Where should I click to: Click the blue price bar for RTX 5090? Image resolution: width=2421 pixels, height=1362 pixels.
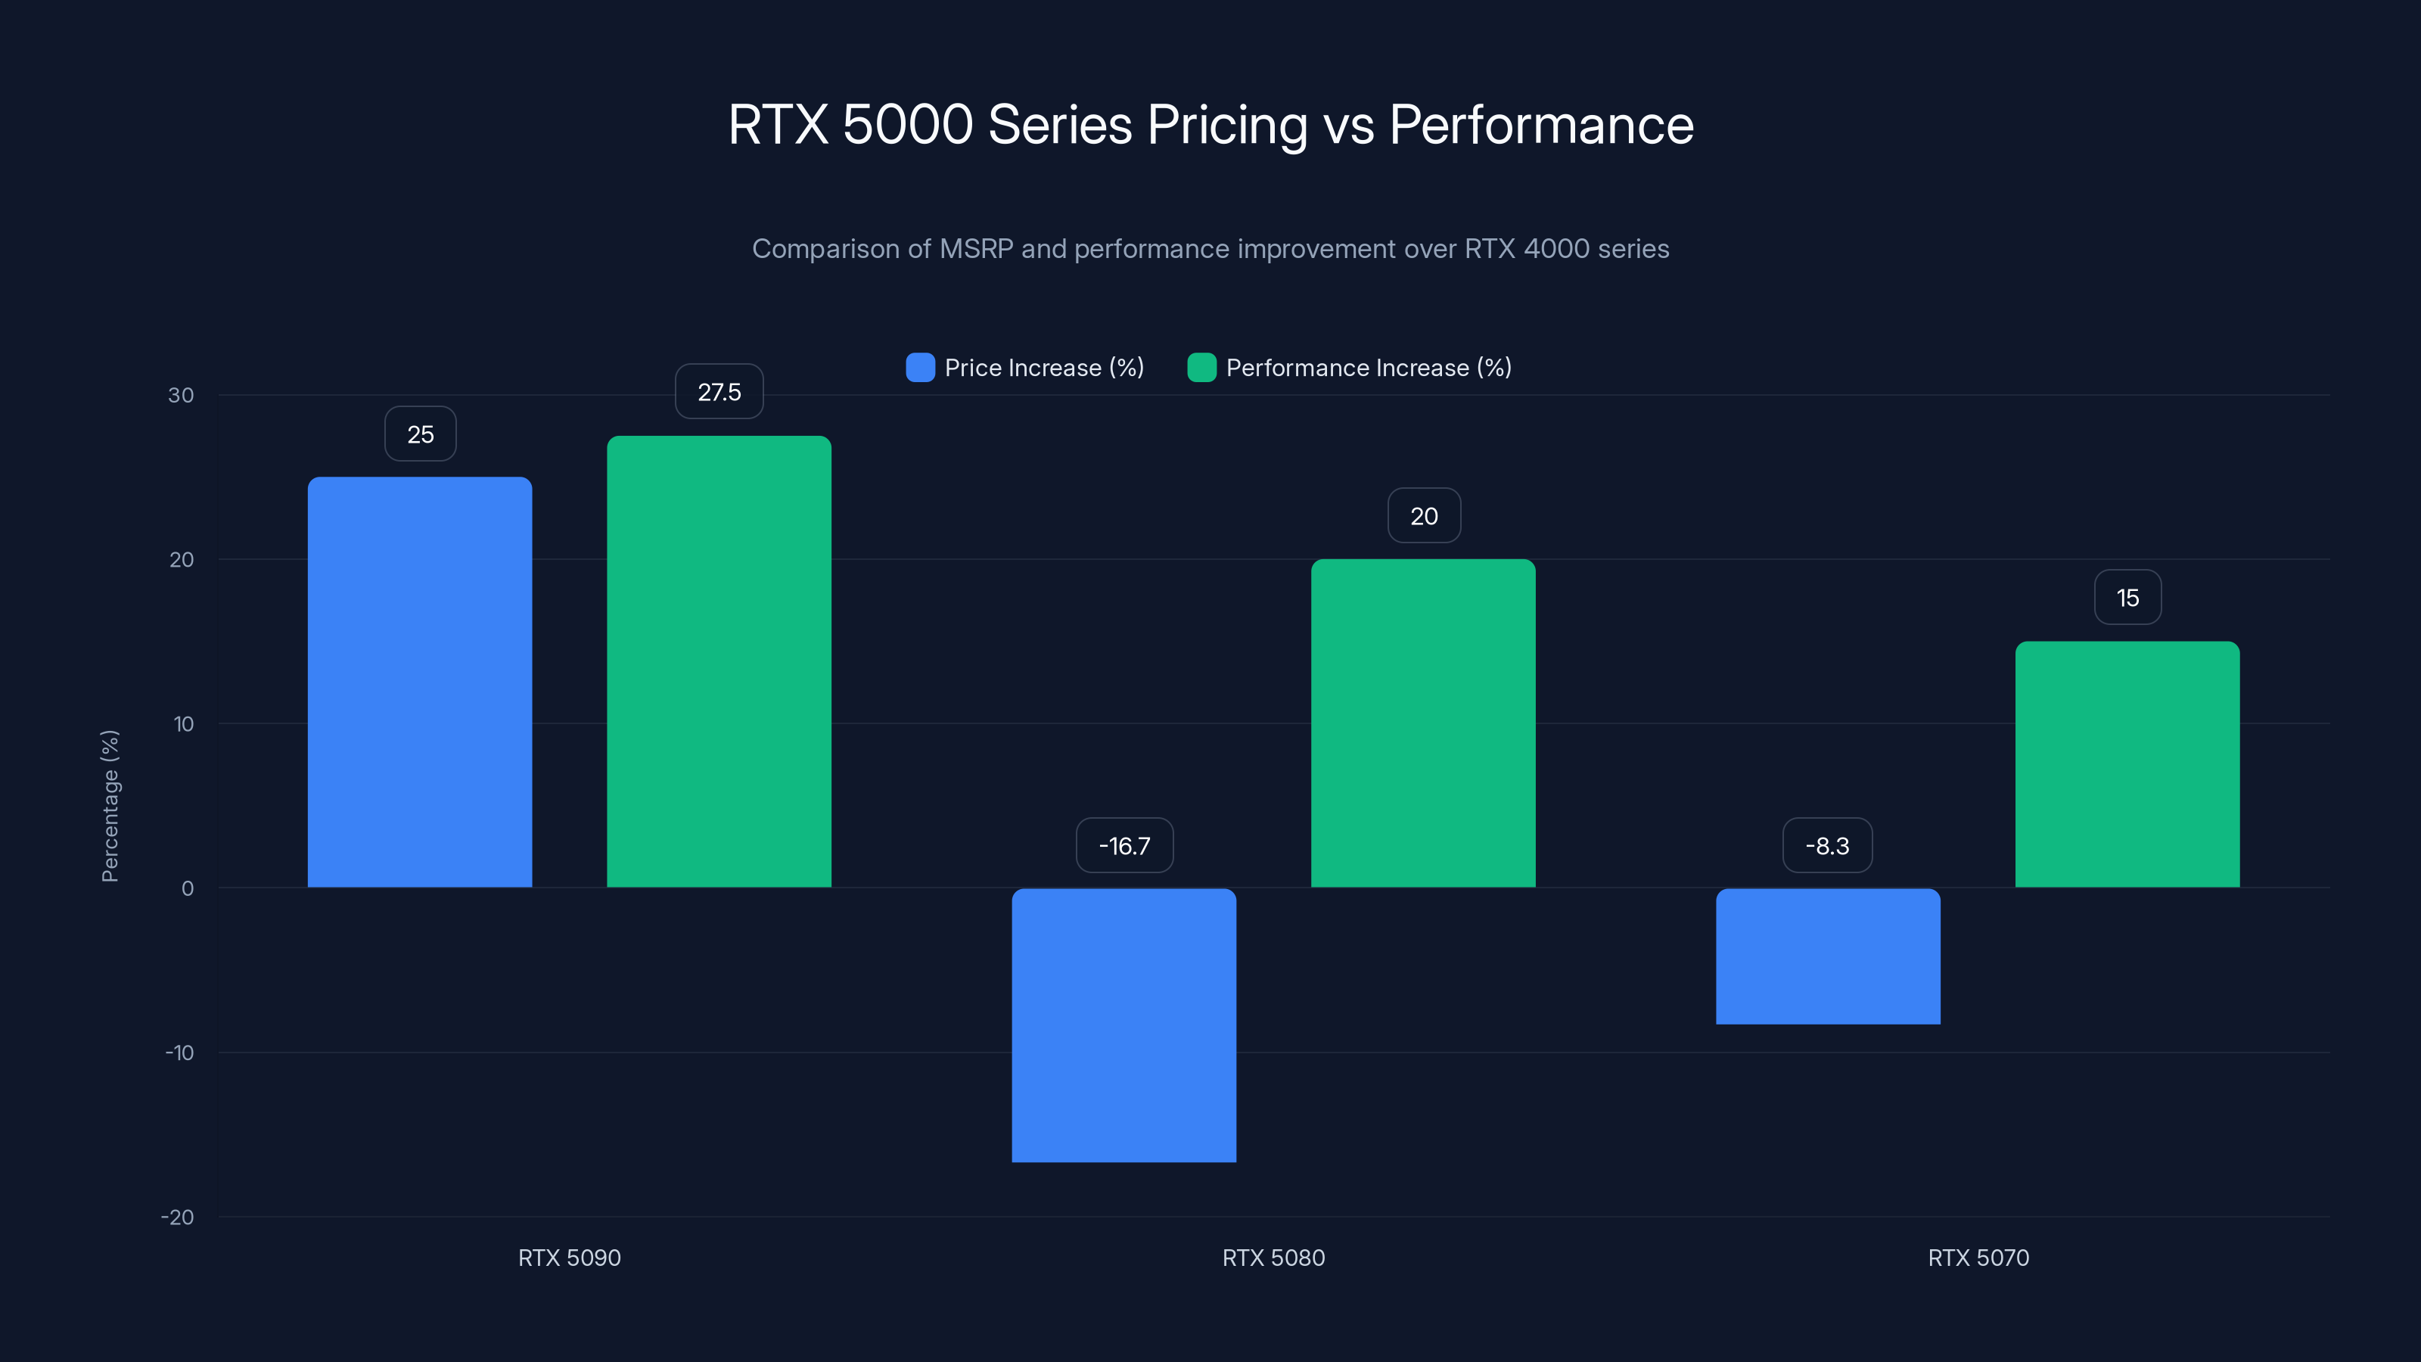pyautogui.click(x=419, y=682)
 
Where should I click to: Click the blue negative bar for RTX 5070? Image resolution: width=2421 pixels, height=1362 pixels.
pyautogui.click(x=1827, y=956)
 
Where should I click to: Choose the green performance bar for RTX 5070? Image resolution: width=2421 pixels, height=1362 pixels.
pyautogui.click(x=2127, y=764)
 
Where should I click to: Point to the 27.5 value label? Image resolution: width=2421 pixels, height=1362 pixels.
pyautogui.click(x=719, y=392)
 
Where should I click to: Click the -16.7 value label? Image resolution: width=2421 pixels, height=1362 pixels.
pyautogui.click(x=1124, y=846)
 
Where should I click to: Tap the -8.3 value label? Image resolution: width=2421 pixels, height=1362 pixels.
pyautogui.click(x=1827, y=846)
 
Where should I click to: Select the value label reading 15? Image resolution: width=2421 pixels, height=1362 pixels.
pyautogui.click(x=2127, y=598)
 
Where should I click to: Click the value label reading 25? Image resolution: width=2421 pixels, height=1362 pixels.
pyautogui.click(x=420, y=434)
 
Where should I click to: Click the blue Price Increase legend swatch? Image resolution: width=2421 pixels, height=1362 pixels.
pyautogui.click(x=920, y=368)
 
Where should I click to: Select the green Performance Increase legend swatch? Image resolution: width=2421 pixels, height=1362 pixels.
pyautogui.click(x=1201, y=368)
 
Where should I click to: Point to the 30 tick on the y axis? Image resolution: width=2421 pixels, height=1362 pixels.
pyautogui.click(x=181, y=395)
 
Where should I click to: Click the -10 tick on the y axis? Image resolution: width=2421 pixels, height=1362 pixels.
pyautogui.click(x=179, y=1053)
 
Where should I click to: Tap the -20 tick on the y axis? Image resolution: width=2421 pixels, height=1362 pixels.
pyautogui.click(x=177, y=1217)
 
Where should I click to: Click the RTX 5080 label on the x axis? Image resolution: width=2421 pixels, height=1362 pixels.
pyautogui.click(x=1273, y=1258)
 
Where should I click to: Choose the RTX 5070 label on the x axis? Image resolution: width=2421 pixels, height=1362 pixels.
pyautogui.click(x=1978, y=1258)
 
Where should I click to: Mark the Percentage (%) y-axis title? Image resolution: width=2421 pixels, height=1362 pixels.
pyautogui.click(x=110, y=806)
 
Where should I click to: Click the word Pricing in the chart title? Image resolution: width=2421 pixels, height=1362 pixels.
pyautogui.click(x=1226, y=125)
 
